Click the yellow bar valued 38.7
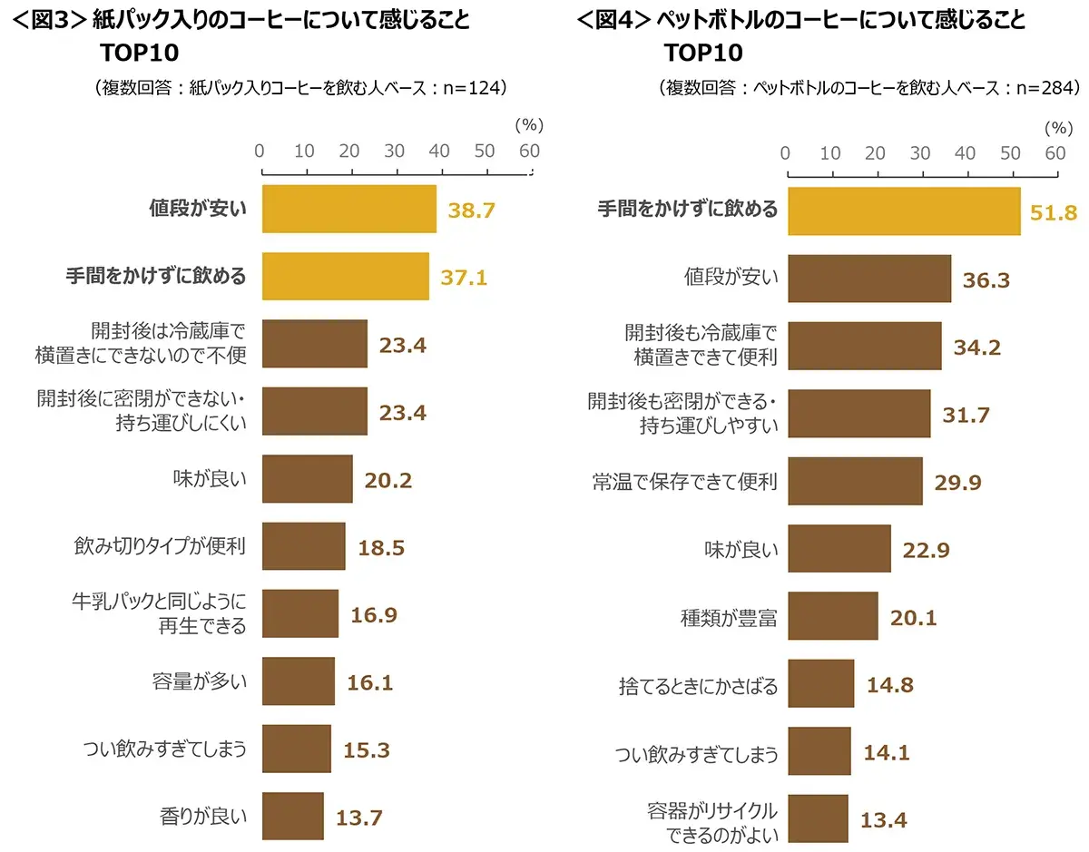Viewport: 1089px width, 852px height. pos(349,210)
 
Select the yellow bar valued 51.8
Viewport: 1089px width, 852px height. pos(904,211)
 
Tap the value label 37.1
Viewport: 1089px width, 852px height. pos(464,277)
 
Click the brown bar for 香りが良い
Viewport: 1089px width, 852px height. pos(293,816)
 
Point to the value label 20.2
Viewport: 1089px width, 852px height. pos(388,479)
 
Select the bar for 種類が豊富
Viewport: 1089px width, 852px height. pos(832,616)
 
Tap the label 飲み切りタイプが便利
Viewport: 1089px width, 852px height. pos(160,547)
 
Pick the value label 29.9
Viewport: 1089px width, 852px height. pos(958,482)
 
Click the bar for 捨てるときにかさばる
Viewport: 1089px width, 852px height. pos(820,683)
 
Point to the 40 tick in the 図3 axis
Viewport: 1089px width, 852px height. pos(439,151)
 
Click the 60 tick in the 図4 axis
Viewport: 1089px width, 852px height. pos(1055,153)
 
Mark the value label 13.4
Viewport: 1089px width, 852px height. pos(883,820)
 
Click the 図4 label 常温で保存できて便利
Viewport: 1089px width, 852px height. pos(683,481)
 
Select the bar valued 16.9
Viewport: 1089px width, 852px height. pos(300,613)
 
